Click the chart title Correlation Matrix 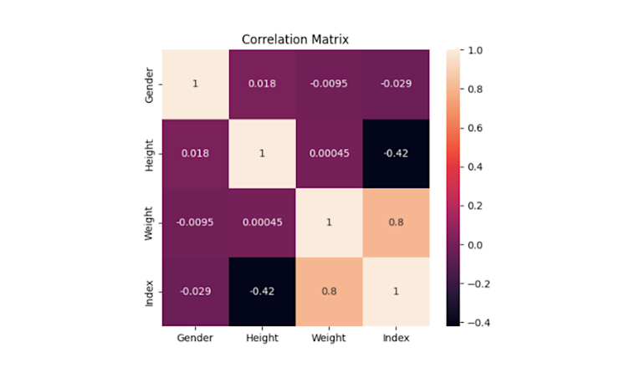tap(295, 39)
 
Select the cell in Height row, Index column tap(396, 154)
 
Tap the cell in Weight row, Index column tap(396, 222)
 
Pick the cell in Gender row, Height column tap(261, 84)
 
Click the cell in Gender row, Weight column tap(329, 84)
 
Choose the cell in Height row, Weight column tap(329, 154)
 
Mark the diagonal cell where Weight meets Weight tap(329, 222)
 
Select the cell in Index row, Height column tap(261, 291)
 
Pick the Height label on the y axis tap(149, 154)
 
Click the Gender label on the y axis tap(149, 84)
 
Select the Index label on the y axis tap(149, 291)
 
